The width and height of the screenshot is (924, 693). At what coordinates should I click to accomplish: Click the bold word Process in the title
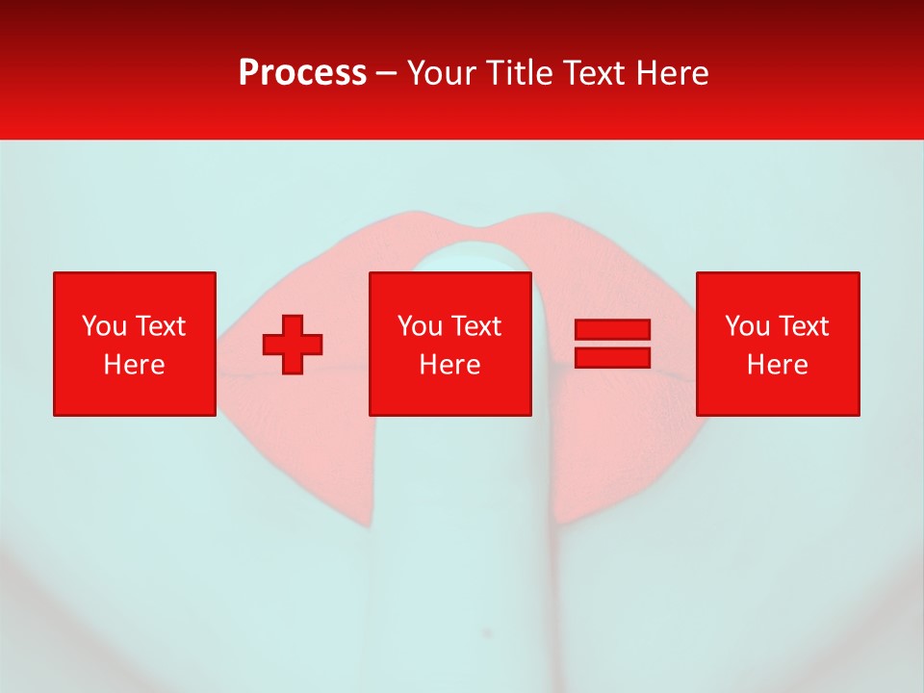click(x=302, y=73)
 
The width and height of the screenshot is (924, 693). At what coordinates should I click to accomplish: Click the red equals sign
click(x=612, y=344)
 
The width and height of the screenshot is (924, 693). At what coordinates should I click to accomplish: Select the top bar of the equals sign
click(x=612, y=330)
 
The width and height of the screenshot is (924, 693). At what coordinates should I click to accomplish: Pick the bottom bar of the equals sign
click(x=612, y=357)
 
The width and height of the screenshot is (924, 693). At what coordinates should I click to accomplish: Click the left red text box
click(x=134, y=344)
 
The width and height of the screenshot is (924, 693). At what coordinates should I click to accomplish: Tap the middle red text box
click(x=450, y=344)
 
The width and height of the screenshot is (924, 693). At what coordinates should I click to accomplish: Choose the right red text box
click(x=777, y=344)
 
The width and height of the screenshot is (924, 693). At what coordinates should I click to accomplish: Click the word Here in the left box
click(x=134, y=365)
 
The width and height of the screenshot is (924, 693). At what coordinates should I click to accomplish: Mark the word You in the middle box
click(x=420, y=326)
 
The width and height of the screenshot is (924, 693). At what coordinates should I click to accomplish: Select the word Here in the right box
click(x=777, y=365)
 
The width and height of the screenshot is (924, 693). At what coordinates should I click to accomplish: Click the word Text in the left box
click(x=160, y=326)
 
